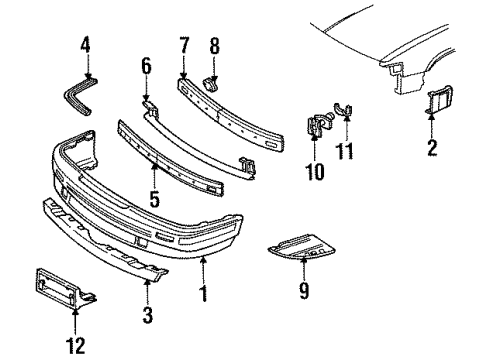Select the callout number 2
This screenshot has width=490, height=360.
click(431, 150)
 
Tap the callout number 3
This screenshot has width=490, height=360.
click(147, 317)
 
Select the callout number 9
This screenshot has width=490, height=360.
click(304, 320)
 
